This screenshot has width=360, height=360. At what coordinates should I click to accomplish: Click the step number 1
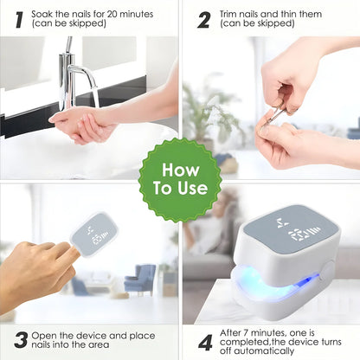pos(19,20)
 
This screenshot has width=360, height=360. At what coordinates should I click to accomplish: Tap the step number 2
pos(204,20)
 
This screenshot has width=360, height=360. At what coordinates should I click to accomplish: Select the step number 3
pos(21,340)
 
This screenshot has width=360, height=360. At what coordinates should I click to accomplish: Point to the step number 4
pos(205,343)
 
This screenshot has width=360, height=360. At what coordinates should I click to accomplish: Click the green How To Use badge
pos(180,180)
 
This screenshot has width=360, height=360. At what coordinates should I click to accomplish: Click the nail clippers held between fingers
pos(274,115)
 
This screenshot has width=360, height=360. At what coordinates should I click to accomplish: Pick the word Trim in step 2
pos(229,14)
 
